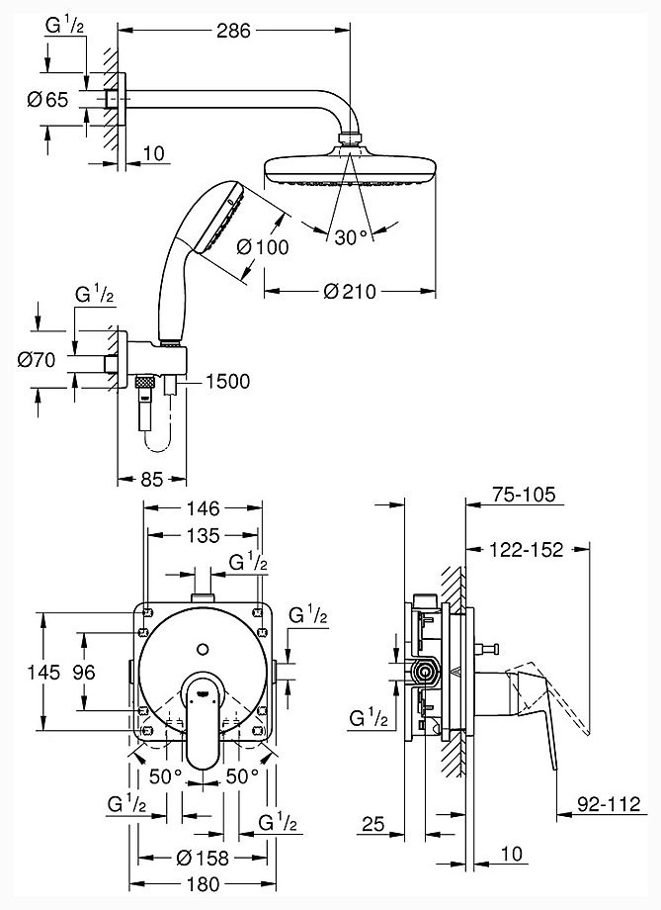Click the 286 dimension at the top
point(233,31)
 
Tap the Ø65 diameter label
point(47,100)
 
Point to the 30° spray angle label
point(352,237)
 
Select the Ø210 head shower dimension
point(350,292)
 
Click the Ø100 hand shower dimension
point(263,247)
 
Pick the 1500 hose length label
point(228,381)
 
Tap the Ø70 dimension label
point(37,360)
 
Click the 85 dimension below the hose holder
point(152,480)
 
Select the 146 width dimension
point(204,508)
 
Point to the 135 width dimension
point(204,535)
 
